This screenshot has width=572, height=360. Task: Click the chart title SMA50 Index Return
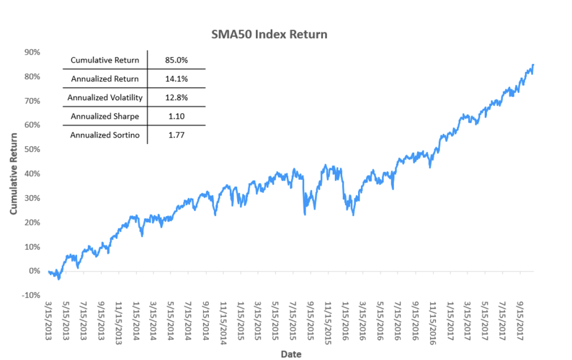[x=269, y=34]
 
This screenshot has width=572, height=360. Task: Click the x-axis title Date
[x=292, y=353]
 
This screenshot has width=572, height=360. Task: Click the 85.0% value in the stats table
[x=176, y=60]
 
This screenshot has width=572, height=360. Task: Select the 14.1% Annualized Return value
[x=176, y=79]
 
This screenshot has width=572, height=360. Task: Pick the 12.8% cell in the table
[x=176, y=98]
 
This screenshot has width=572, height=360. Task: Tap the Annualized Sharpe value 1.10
[x=176, y=117]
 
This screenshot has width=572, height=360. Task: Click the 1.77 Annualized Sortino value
[x=176, y=135]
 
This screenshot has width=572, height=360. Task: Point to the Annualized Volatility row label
[x=105, y=98]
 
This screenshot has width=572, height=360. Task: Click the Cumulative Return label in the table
[x=105, y=60]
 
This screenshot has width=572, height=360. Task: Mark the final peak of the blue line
[x=533, y=65]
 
